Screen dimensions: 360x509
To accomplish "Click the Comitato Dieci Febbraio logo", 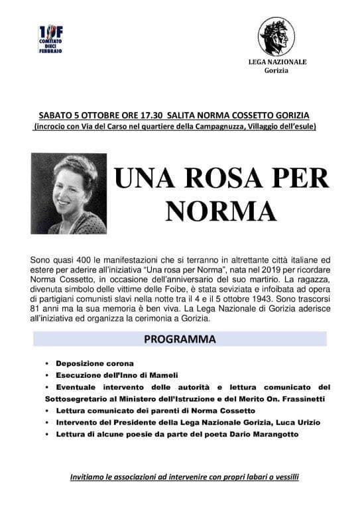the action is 51,40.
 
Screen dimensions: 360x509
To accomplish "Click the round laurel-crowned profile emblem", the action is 276,37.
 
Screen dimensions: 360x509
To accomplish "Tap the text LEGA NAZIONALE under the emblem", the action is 276,62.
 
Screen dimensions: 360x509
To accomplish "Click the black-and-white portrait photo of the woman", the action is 69,194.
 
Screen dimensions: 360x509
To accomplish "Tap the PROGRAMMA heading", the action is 180,339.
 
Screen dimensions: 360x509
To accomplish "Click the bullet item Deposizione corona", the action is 95,364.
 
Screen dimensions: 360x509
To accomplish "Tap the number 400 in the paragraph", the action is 79,257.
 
